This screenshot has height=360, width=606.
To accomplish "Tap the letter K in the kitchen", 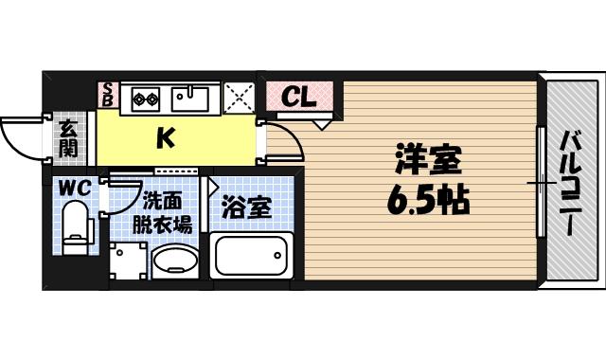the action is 165,138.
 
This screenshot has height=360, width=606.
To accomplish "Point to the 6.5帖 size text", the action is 428,201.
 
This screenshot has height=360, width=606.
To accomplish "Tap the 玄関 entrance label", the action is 69,138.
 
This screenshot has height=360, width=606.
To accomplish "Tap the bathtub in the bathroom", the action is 253,257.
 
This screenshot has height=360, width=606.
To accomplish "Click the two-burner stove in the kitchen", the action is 147,95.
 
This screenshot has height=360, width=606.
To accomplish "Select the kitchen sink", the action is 194,95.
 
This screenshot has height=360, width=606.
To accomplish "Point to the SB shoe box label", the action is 108,95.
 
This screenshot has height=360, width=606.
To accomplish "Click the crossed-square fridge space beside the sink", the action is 240,95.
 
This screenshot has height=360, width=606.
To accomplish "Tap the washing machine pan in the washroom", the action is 128,261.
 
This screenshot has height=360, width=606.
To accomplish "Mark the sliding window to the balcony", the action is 541,182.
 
